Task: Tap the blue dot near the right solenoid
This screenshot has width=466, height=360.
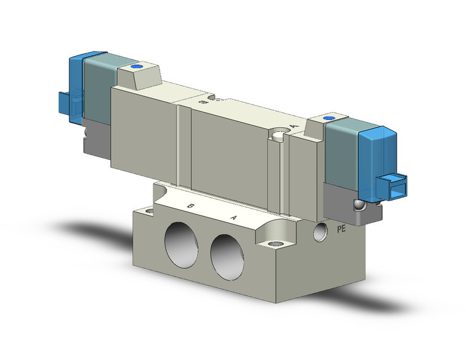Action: click(329, 118)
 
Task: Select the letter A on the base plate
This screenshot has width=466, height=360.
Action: click(232, 217)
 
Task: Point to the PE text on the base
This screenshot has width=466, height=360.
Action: click(345, 230)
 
